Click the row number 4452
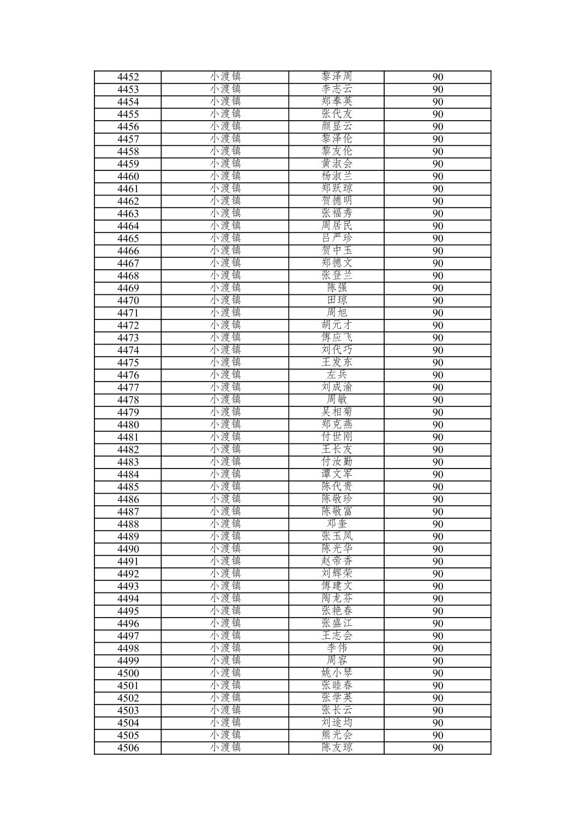pos(128,77)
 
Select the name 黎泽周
pos(337,76)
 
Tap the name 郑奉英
pos(337,102)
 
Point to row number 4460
pos(128,176)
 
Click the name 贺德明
pos(337,201)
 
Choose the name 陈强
pos(337,288)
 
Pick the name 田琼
pos(337,300)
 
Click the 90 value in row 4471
pos(438,313)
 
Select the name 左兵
pos(337,375)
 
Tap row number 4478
pos(128,400)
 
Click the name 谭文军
pos(337,474)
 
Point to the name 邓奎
pos(337,524)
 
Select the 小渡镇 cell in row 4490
pos(225,549)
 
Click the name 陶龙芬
pos(337,598)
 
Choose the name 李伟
pos(337,648)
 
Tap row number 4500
pos(128,673)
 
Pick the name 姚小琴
pos(337,673)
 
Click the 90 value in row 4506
pos(438,748)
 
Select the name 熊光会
pos(337,735)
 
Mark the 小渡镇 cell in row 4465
pos(225,238)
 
